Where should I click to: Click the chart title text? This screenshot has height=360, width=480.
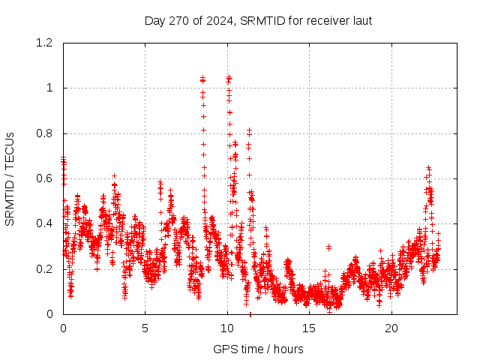point(258,20)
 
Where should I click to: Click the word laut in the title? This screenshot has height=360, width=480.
point(360,20)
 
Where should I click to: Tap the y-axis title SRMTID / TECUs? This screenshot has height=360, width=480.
point(10,178)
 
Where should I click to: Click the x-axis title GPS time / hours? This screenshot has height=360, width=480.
point(258,349)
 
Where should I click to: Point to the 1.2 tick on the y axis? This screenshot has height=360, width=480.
point(46,43)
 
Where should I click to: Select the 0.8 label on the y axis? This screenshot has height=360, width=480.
point(46,133)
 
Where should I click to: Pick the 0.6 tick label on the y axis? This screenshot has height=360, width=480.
point(46,178)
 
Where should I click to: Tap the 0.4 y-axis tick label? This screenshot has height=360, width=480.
point(46,223)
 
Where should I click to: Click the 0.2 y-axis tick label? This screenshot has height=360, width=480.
point(46,268)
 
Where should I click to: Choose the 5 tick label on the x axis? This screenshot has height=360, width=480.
point(145,328)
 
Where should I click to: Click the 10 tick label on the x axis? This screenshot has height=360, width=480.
point(227,328)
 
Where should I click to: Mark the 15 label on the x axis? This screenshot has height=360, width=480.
point(310,328)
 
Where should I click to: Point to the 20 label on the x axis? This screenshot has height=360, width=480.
point(391,328)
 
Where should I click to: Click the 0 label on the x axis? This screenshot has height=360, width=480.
point(63,328)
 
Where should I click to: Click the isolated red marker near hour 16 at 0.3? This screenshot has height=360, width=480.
point(328,247)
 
